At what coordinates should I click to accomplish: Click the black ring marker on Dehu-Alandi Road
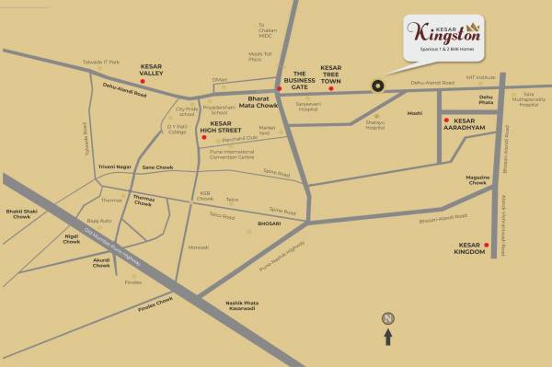coord(376,86)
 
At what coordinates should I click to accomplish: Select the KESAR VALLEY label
coord(152,69)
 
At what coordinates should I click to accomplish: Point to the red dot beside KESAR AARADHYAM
coord(445,120)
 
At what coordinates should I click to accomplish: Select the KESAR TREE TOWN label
coord(330,75)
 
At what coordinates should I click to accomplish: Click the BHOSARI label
coord(268,224)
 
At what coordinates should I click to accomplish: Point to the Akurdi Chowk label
coord(100,263)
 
